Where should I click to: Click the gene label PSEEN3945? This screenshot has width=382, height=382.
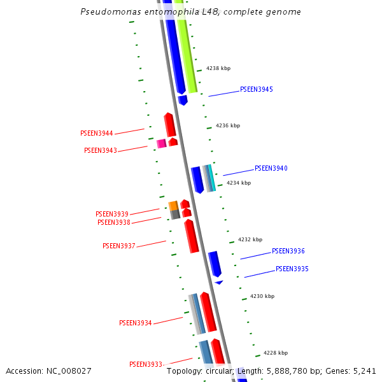click(x=256, y=89)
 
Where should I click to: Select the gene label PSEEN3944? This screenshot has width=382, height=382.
click(x=97, y=134)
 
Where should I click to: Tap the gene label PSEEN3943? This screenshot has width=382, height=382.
click(x=101, y=150)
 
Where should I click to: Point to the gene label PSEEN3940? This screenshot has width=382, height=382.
click(x=271, y=169)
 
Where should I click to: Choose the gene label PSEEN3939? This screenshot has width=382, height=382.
click(x=112, y=214)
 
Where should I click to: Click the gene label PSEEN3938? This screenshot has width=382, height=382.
click(x=114, y=222)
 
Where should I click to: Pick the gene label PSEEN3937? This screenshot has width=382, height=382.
click(x=119, y=246)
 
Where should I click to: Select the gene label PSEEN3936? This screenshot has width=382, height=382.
click(x=288, y=251)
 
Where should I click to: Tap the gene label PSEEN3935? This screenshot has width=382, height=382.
click(x=292, y=269)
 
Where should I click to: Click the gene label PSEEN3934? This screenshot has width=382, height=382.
click(x=136, y=323)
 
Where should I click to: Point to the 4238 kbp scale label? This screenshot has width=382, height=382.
click(x=218, y=67)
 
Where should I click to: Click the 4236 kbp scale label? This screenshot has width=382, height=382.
click(x=228, y=125)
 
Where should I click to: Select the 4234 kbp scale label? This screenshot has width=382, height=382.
click(x=239, y=183)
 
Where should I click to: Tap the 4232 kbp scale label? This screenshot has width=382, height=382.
click(x=250, y=239)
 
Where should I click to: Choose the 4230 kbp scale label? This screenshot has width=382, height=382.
click(x=262, y=296)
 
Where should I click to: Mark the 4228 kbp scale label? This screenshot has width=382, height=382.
click(x=276, y=352)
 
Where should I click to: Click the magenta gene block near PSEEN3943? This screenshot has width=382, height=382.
click(x=162, y=143)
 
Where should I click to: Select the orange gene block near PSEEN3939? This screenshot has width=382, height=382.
click(x=173, y=205)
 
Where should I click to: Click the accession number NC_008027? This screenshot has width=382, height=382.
click(x=67, y=371)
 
